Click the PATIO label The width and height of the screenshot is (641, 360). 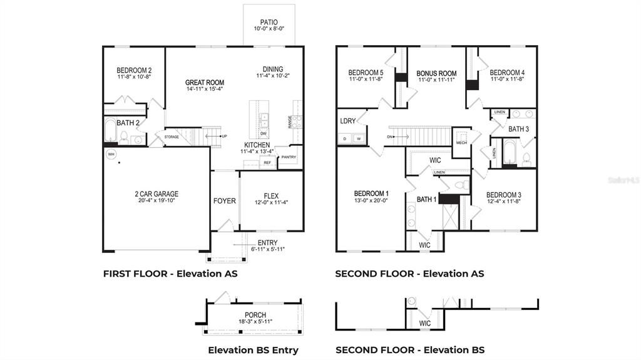[x=269, y=22]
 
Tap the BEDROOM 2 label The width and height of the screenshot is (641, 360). [x=134, y=70]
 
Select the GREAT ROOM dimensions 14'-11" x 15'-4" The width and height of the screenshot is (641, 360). [x=205, y=89]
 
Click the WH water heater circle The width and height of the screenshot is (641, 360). [x=111, y=153]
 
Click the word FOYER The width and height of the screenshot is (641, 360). [x=225, y=201]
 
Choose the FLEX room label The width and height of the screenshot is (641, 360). [x=271, y=195]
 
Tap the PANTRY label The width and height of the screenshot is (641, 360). [x=288, y=157]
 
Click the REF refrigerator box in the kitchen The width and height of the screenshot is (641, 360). [x=267, y=163]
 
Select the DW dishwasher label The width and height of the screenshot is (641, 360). [x=264, y=133]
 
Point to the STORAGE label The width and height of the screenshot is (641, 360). [x=172, y=136]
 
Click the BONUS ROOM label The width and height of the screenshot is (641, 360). [x=436, y=73]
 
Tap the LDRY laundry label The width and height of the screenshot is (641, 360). [x=348, y=121]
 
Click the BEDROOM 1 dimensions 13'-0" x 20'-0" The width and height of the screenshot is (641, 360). [x=371, y=201]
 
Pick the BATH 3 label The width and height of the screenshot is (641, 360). [x=518, y=129]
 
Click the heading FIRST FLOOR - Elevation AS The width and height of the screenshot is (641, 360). [x=170, y=274]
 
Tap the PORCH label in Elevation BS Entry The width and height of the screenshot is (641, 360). [x=255, y=315]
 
